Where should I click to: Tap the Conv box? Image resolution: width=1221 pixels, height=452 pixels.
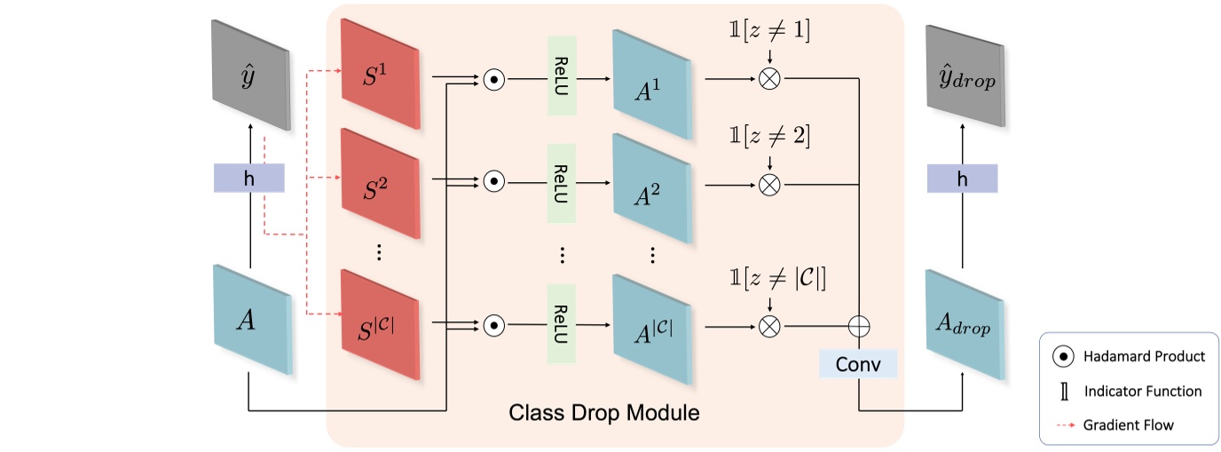coord(859,363)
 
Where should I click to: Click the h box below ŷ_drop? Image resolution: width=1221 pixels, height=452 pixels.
coord(962,178)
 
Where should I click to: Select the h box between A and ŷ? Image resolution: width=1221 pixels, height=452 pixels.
coord(248,178)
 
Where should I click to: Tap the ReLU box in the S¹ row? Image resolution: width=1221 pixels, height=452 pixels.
coord(563,75)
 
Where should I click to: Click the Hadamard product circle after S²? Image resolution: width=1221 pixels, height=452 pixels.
coord(494,182)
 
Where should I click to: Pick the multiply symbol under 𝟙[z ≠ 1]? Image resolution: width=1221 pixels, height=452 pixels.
coord(769,78)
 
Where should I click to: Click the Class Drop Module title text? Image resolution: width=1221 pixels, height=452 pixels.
coord(603,413)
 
